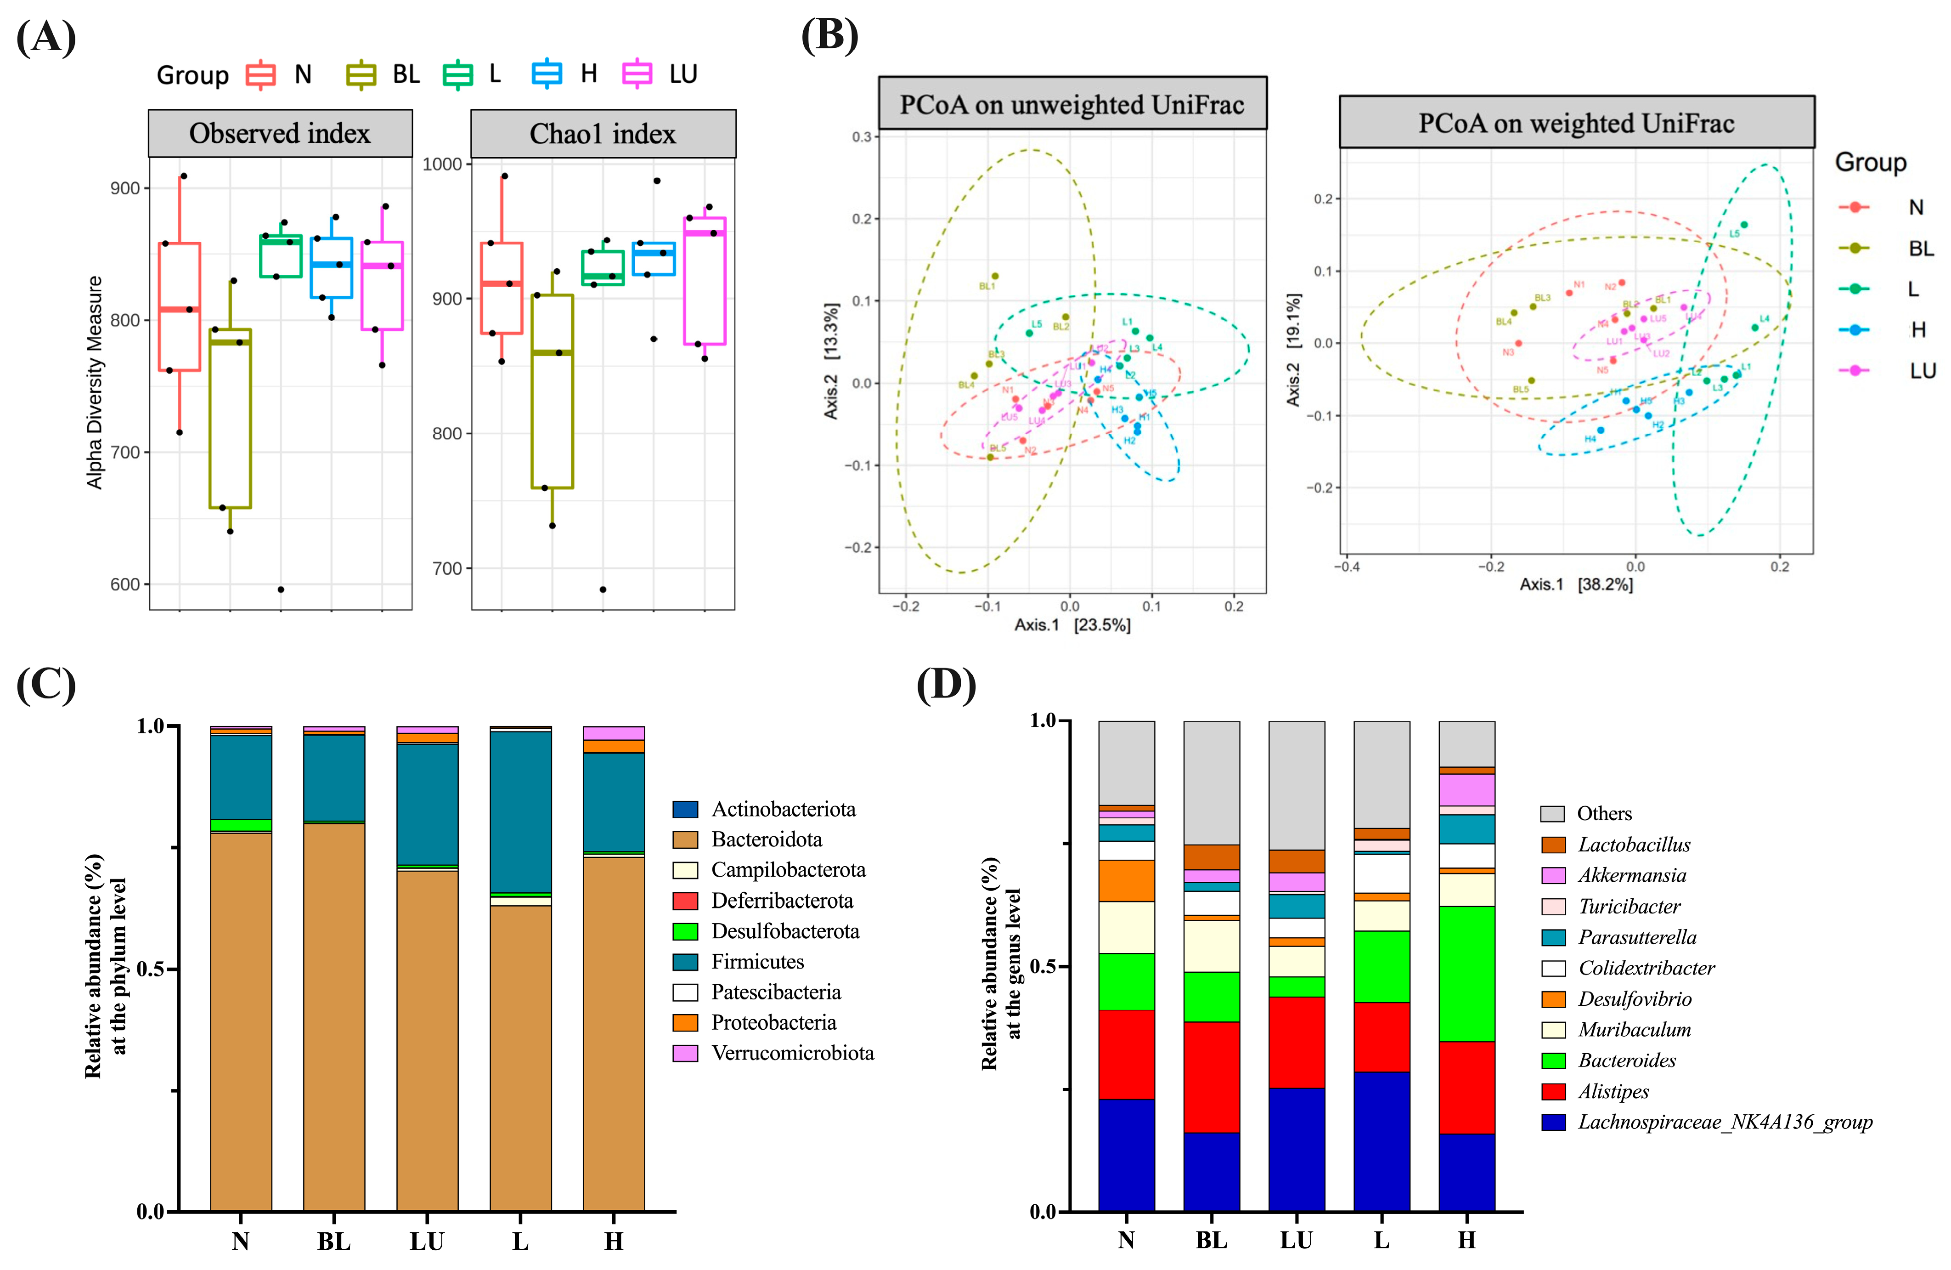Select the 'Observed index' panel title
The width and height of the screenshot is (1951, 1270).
tap(280, 134)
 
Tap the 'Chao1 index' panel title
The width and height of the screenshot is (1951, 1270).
tap(603, 134)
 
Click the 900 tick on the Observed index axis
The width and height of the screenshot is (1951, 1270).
tap(124, 188)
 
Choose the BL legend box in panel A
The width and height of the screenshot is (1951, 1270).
tap(361, 74)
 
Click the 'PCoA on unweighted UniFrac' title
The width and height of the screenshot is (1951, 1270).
tap(1071, 105)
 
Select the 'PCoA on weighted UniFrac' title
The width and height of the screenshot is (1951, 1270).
tap(1576, 123)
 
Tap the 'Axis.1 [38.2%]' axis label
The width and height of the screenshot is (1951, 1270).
tap(1576, 584)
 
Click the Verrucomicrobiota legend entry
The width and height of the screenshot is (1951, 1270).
tap(792, 1053)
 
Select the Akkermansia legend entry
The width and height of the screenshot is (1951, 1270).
tap(1631, 876)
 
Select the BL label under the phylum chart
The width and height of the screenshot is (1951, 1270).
tap(333, 1242)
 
